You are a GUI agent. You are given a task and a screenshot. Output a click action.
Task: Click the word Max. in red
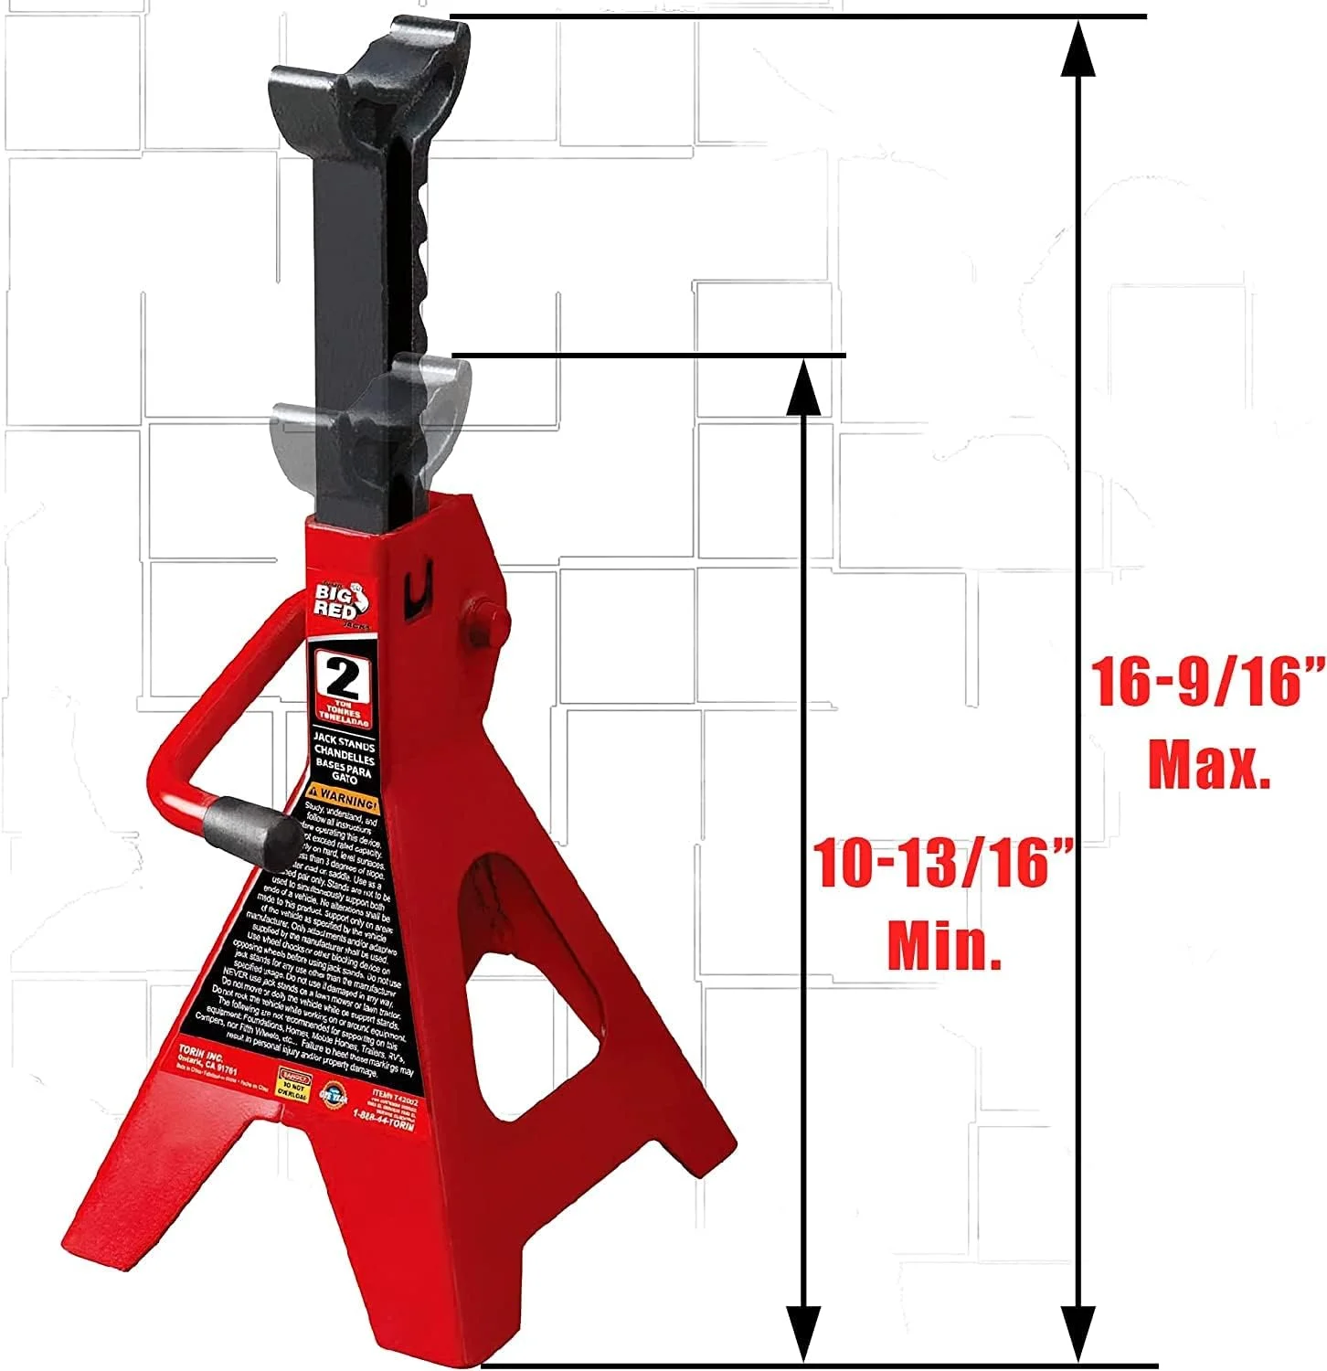(x=1208, y=766)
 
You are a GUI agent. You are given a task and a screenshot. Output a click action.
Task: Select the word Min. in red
(x=944, y=946)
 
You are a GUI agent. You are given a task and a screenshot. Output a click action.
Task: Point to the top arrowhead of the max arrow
(x=1080, y=46)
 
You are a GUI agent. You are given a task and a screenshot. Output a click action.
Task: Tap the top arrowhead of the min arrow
(x=802, y=385)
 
